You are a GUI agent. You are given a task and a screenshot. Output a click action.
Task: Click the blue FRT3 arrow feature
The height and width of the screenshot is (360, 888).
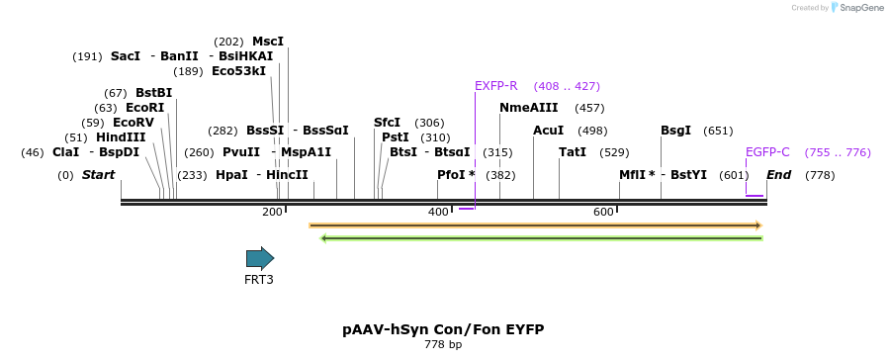[x=260, y=258]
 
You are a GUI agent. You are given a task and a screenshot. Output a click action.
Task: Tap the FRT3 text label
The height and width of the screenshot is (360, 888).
[x=259, y=280]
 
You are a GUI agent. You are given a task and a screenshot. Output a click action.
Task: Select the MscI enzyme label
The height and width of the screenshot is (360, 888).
[x=268, y=42]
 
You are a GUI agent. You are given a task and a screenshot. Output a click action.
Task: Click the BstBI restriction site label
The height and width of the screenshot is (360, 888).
[x=153, y=93]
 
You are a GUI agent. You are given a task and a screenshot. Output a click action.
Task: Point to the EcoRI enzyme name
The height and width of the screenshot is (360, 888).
[x=144, y=108]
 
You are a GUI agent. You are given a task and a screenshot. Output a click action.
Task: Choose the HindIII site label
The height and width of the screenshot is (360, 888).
[x=121, y=137]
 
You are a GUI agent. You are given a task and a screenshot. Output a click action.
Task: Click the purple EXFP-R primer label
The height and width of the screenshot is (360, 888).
[x=496, y=86]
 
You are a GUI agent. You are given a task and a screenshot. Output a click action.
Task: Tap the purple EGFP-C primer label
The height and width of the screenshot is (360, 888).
[x=767, y=152]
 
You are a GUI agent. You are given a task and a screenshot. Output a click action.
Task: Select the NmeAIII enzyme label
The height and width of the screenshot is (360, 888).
[x=529, y=108]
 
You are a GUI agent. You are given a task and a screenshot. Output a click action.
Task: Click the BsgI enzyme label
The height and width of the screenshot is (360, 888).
[x=676, y=131]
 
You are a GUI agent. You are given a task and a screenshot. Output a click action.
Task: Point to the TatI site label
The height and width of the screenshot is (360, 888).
[x=573, y=152]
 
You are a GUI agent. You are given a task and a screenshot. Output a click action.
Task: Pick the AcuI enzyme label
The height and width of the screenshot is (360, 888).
[x=549, y=131]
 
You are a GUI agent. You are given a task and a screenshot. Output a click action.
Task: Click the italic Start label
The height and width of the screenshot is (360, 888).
[x=98, y=175]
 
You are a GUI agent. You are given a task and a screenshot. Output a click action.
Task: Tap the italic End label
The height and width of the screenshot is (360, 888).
[x=779, y=175]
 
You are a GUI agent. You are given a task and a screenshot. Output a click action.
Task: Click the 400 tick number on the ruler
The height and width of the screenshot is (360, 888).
[x=438, y=212]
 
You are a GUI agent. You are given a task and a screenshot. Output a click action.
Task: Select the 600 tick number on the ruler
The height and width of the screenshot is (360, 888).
[x=603, y=212]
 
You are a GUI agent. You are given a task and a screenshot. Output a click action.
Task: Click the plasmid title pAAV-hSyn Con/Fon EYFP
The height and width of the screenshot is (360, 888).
[x=443, y=329]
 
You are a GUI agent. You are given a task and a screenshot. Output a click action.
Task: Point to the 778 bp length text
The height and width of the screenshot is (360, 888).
[x=443, y=345]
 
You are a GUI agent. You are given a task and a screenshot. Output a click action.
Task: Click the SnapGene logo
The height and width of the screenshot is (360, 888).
[x=857, y=8]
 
